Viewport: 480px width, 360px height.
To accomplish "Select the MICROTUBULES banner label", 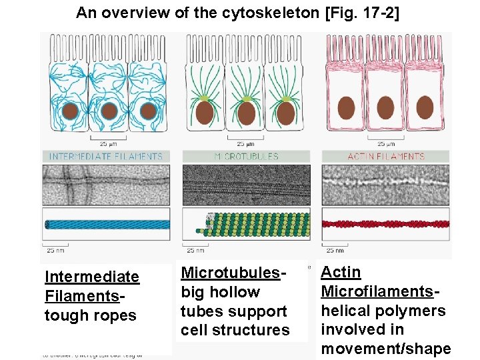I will pyautogui.click(x=246, y=157).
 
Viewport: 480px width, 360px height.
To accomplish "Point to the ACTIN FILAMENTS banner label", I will pyautogui.click(x=386, y=157).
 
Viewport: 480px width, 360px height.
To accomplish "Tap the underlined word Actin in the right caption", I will pyautogui.click(x=341, y=272).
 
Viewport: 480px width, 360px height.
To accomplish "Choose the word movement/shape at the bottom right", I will pyautogui.click(x=386, y=349).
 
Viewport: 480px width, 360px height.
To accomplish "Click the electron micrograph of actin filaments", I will pyautogui.click(x=386, y=184).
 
